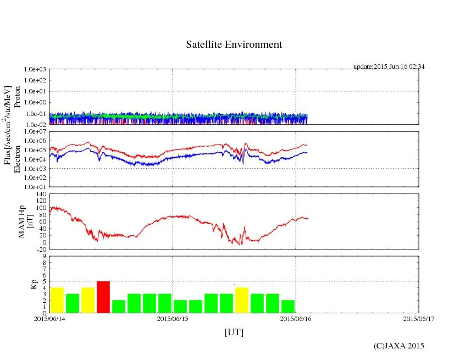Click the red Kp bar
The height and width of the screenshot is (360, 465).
tap(103, 297)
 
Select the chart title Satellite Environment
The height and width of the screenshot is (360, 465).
tap(234, 45)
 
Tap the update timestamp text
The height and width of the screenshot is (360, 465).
tap(389, 67)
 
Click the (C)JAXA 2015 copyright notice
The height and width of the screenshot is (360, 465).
tap(398, 346)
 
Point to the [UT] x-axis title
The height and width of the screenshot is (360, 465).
tap(234, 333)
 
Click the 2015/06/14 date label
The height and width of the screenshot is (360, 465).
tap(49, 318)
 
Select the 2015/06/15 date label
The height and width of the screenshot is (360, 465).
tap(173, 318)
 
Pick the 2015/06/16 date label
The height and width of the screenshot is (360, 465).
tap(296, 318)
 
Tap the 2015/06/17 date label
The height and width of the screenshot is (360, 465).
tap(418, 318)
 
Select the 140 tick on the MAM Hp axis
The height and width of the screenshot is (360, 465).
tap(41, 195)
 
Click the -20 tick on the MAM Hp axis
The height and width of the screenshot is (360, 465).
tap(41, 249)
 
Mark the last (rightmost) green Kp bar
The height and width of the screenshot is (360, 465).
tap(288, 306)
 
